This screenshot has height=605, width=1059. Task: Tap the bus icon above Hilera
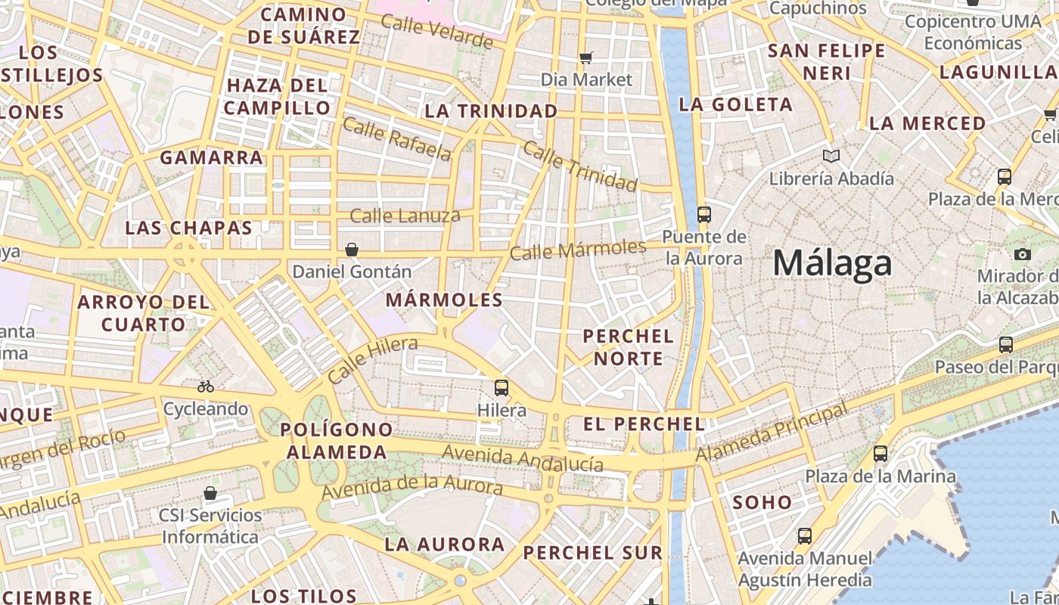click(501, 388)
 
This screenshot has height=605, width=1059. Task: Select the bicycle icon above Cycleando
click(206, 386)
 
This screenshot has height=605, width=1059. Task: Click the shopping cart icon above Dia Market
click(585, 57)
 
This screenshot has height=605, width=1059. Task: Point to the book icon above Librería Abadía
click(831, 156)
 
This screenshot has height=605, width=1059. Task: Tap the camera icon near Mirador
click(1023, 254)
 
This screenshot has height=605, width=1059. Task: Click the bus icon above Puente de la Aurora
click(703, 214)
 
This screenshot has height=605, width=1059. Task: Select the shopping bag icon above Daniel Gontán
click(351, 249)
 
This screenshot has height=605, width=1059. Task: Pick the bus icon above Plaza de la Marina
click(880, 454)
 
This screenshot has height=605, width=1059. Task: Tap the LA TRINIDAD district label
click(491, 111)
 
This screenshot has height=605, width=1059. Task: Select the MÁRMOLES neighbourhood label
click(444, 299)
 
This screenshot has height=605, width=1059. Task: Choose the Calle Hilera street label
click(373, 360)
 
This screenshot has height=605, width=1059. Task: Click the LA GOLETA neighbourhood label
click(735, 104)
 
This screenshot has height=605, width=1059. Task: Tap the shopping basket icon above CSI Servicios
click(210, 493)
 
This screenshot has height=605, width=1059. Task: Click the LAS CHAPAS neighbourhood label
click(188, 228)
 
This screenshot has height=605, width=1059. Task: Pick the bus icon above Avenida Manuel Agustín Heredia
click(805, 536)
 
